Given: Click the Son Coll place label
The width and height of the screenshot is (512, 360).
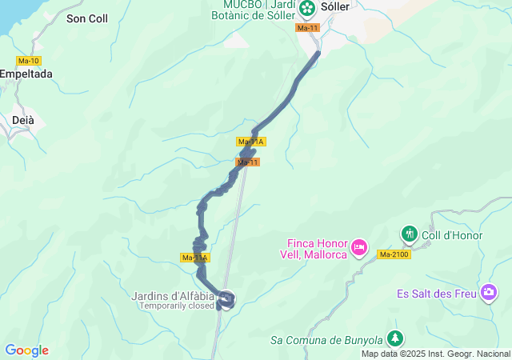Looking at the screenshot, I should click(87, 18).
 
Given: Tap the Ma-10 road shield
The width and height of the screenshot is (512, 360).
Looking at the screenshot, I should click(28, 61).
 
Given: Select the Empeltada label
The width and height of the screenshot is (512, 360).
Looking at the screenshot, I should click(26, 74).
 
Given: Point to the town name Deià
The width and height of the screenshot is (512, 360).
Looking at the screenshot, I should click(23, 120).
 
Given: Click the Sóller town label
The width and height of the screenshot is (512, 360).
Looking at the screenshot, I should click(334, 6).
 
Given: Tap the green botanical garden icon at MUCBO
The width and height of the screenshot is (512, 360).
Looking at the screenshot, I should click(307, 8).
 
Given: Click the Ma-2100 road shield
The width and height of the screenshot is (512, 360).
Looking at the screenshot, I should click(394, 254).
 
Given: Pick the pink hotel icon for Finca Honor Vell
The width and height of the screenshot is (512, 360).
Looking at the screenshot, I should click(358, 246).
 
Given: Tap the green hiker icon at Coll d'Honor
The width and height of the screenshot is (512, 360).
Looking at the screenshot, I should click(410, 234).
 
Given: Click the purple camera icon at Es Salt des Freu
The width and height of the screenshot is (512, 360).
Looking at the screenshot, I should click(489, 293).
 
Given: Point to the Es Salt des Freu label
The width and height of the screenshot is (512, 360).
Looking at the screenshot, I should click(436, 294).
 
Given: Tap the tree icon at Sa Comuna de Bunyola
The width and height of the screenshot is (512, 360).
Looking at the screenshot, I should click(394, 338).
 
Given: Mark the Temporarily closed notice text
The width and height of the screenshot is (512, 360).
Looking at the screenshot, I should click(177, 306).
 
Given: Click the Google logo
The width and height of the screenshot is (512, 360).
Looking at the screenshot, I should click(26, 350).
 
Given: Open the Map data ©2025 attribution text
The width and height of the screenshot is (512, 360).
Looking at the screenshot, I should click(435, 354).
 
